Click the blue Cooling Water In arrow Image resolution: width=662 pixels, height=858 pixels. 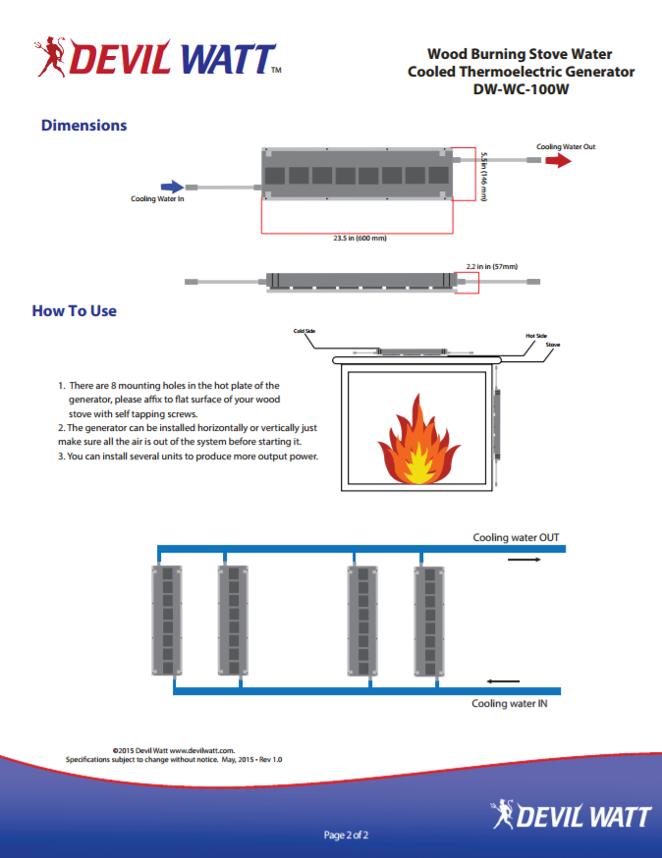tap(171, 186)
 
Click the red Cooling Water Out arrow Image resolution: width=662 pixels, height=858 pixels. tap(558, 160)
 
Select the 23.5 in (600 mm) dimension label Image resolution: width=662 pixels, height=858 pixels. tap(359, 239)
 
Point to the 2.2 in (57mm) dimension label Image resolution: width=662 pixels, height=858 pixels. tap(491, 266)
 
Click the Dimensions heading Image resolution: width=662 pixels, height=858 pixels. tap(83, 126)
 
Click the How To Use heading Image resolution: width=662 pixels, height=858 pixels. tap(75, 311)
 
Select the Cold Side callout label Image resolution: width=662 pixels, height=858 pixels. tap(304, 331)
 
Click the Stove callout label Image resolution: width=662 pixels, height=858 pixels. tap(553, 346)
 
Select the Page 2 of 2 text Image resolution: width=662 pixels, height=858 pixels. tap(346, 835)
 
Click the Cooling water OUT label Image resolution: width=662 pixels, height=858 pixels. tap(516, 538)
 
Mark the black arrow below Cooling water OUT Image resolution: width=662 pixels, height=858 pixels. tap(524, 560)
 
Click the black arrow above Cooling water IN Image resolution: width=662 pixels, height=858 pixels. tap(503, 680)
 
